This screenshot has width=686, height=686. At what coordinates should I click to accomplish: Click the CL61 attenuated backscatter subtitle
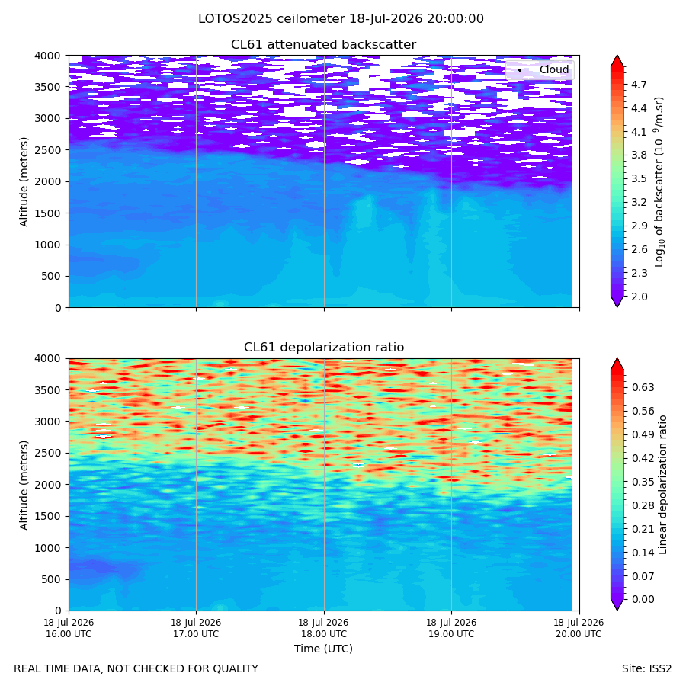click(x=323, y=45)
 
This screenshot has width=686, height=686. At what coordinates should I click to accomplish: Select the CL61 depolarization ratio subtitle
click(x=324, y=347)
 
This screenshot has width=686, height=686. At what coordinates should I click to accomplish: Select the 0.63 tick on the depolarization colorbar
click(x=643, y=387)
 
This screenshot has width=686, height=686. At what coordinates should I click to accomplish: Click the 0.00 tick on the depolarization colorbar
click(x=643, y=599)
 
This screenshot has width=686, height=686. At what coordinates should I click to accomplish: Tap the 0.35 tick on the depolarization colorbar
click(x=643, y=482)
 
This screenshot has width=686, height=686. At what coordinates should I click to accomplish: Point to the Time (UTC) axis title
click(x=323, y=649)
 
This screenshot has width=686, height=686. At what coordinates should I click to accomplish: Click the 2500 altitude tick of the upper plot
click(x=48, y=150)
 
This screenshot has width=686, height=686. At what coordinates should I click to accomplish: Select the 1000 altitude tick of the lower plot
click(x=48, y=548)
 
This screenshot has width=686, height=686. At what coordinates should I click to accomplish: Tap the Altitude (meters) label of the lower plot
click(x=24, y=485)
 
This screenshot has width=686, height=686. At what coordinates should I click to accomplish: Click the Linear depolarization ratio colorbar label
click(x=662, y=485)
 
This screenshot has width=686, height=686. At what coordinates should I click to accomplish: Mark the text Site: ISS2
click(x=646, y=668)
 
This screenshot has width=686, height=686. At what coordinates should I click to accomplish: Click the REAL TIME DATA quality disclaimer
click(x=136, y=668)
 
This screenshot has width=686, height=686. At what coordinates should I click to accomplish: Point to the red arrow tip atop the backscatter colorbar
click(x=617, y=56)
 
